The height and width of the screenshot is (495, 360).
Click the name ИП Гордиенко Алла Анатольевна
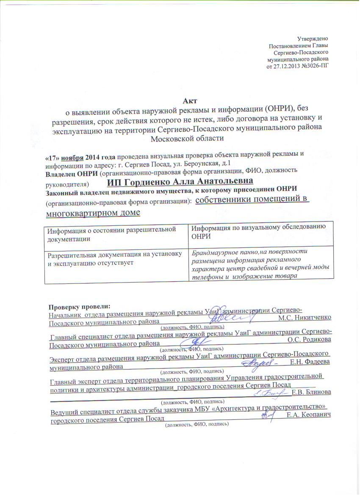[x=180, y=182]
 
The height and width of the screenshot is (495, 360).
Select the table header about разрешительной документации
[x=111, y=233]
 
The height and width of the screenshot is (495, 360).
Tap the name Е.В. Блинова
[x=312, y=393]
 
